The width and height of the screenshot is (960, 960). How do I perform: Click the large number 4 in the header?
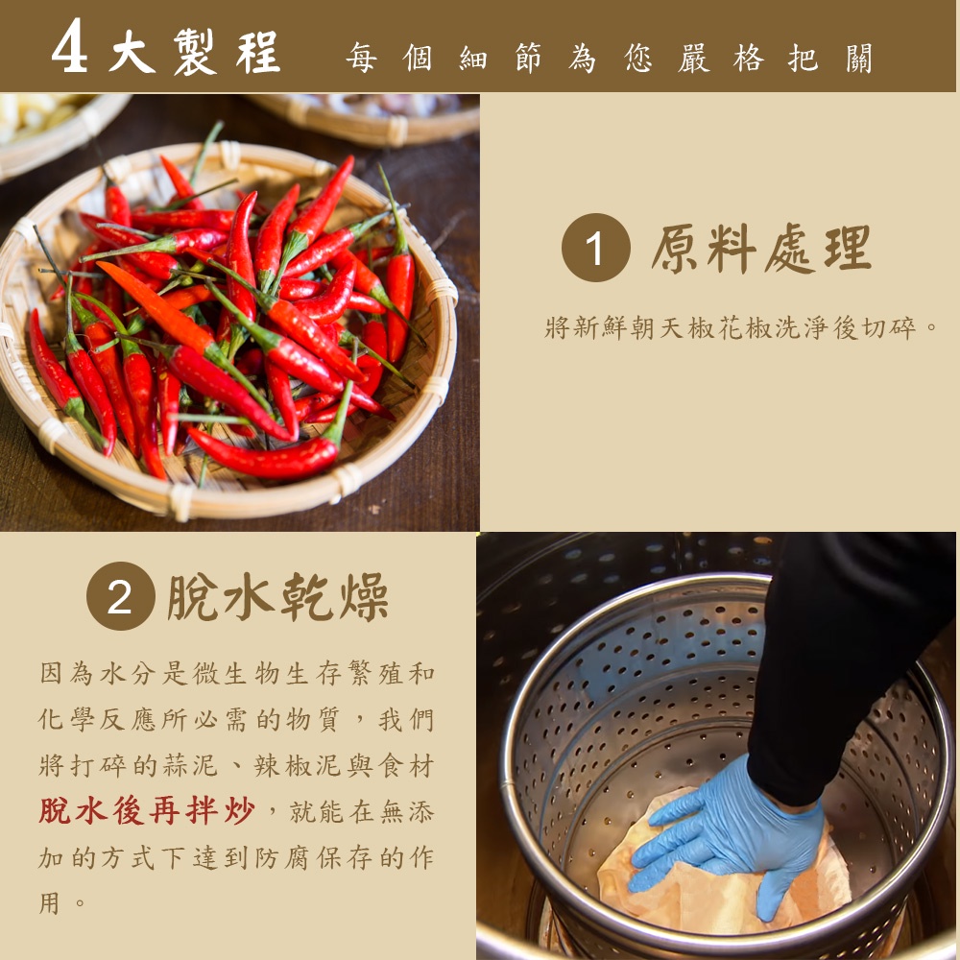click(69, 46)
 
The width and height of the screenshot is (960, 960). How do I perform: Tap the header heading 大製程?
click(195, 52)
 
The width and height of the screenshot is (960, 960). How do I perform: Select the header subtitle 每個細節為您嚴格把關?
click(609, 59)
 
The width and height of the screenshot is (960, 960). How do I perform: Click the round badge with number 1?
click(596, 248)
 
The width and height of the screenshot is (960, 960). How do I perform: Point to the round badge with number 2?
click(121, 596)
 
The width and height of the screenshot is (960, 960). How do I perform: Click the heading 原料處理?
click(761, 248)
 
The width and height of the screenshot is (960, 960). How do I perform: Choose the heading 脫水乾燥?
click(278, 596)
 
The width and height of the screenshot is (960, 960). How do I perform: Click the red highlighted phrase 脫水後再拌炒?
click(146, 811)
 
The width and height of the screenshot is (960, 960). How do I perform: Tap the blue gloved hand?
click(729, 839)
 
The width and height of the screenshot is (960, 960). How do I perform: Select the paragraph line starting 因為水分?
click(236, 674)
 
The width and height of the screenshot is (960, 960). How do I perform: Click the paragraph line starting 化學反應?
click(236, 719)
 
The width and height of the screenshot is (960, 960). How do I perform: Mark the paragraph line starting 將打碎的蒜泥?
click(236, 765)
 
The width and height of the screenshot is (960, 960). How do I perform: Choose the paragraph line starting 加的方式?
click(236, 857)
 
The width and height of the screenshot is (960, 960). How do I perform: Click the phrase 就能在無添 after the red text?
click(361, 812)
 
